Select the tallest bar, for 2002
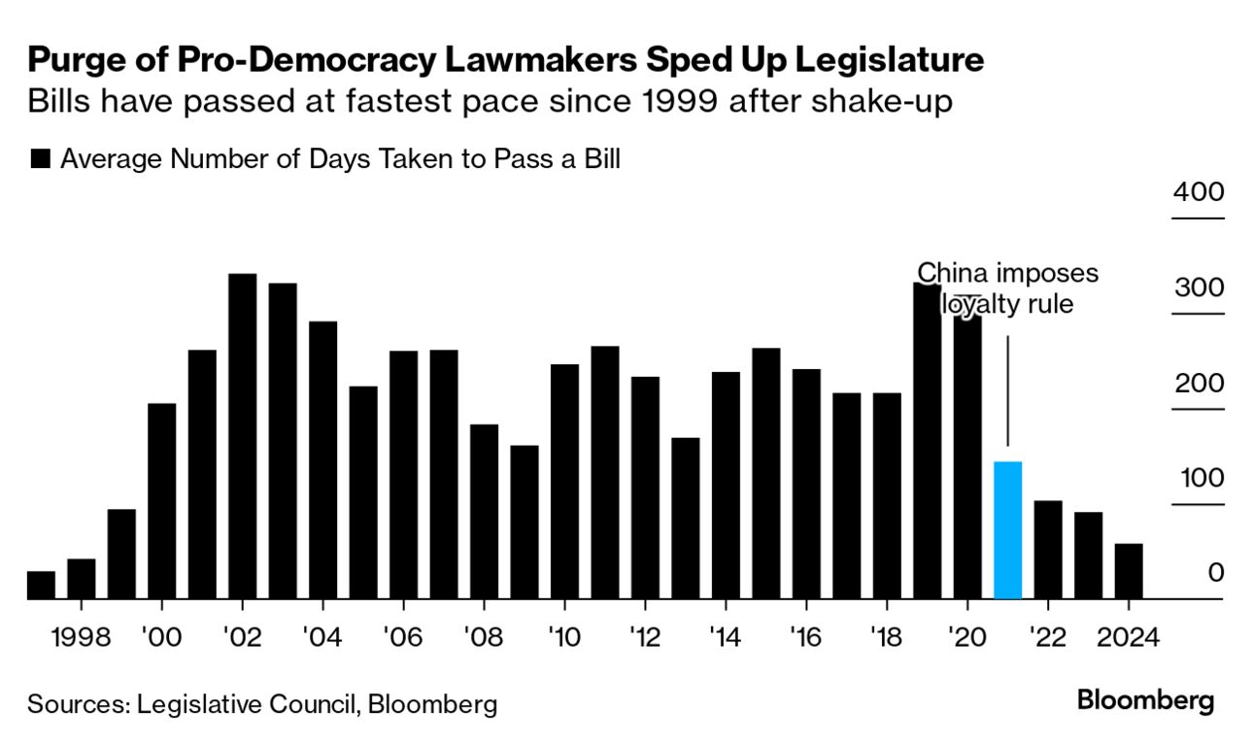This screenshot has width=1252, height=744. (242, 436)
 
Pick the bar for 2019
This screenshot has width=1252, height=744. (927, 441)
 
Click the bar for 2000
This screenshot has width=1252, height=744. (161, 501)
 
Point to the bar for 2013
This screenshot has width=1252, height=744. (686, 519)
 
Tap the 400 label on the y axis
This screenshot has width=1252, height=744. (1198, 191)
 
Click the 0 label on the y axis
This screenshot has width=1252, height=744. (1215, 573)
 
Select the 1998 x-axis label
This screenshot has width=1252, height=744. (81, 638)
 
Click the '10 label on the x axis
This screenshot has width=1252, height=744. (563, 638)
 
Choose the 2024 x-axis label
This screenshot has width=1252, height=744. (1128, 638)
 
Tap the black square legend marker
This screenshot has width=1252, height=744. (40, 159)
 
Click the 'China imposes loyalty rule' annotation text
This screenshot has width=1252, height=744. (1008, 288)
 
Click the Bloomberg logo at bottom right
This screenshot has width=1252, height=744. (1146, 700)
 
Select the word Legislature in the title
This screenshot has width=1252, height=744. (890, 60)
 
